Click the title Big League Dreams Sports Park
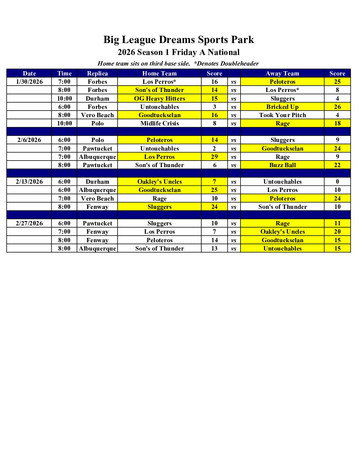[x=179, y=40]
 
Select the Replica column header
[x=97, y=73]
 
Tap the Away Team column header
[x=282, y=73]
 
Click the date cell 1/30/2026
[x=29, y=82]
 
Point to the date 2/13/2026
[x=29, y=182]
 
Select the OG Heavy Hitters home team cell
[x=159, y=99]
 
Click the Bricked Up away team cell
[x=282, y=107]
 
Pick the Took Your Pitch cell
[x=282, y=115]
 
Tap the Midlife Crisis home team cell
[x=159, y=123]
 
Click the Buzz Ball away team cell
[x=282, y=165]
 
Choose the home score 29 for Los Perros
[x=214, y=157]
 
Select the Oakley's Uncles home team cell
[x=159, y=182]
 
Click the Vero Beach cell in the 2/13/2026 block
[x=97, y=199]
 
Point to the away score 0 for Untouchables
[x=337, y=182]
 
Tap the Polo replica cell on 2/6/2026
[x=97, y=140]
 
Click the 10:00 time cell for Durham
[x=65, y=99]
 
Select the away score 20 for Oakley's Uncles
[x=337, y=232]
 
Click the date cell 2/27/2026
[x=29, y=223]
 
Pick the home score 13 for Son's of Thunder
[x=214, y=249]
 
